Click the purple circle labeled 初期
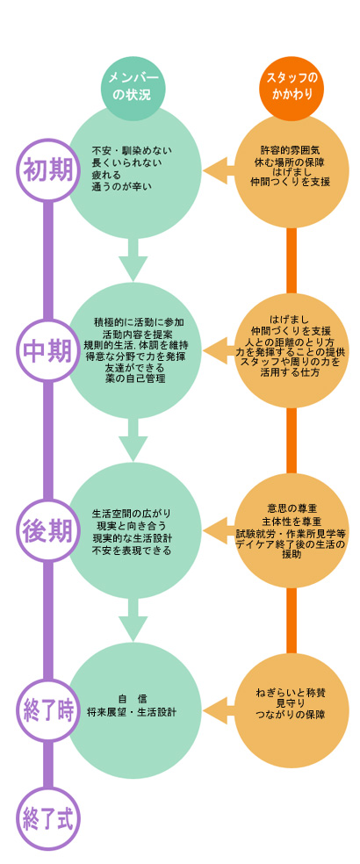[x=48, y=170]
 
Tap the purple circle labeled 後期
[x=48, y=530]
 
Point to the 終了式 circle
[x=48, y=817]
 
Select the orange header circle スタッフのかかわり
[x=292, y=88]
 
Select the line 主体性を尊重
[x=292, y=521]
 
